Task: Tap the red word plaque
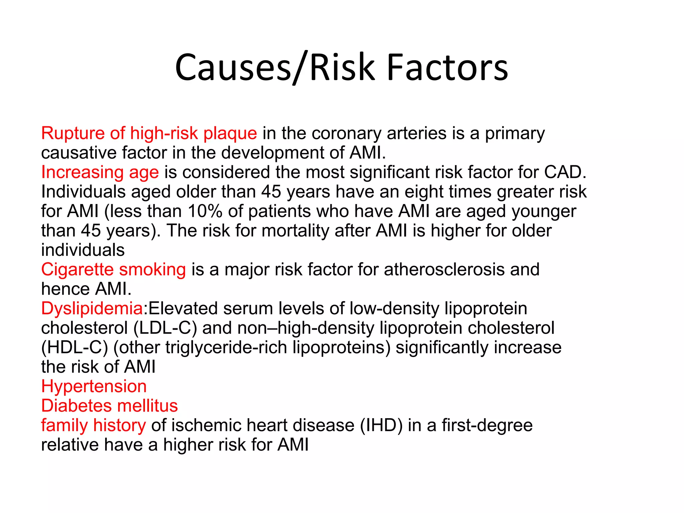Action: [x=230, y=133]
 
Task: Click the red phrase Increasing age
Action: [x=100, y=172]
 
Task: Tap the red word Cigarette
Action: [x=77, y=270]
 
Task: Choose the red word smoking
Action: [x=152, y=270]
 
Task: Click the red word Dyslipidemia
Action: [x=92, y=308]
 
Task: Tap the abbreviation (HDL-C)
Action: [x=74, y=347]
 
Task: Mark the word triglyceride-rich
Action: [x=226, y=347]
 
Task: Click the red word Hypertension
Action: [x=94, y=386]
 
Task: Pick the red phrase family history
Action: [x=94, y=425]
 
